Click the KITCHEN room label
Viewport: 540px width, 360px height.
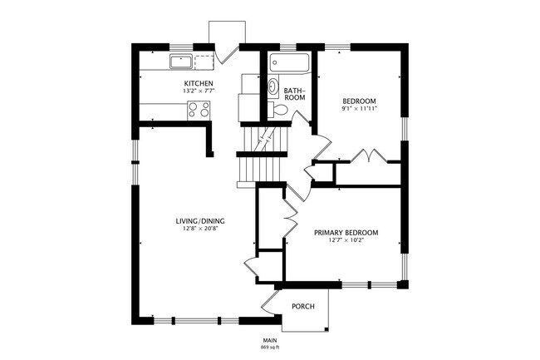(199, 83)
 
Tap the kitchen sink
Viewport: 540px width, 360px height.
(181, 62)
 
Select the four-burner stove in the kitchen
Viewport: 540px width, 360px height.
(199, 111)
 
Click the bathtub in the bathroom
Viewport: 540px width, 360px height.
(289, 62)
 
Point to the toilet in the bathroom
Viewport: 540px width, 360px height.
(278, 110)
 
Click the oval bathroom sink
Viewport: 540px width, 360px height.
(273, 86)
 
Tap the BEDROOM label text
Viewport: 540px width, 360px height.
(359, 101)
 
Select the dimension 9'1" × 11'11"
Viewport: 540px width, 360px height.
(359, 109)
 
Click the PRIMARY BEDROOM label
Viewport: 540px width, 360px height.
(346, 233)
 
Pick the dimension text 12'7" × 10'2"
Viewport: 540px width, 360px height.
(346, 239)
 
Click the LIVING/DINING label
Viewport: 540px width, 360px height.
(200, 221)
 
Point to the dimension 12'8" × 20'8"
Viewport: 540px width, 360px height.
(200, 228)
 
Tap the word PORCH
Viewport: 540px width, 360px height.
(303, 306)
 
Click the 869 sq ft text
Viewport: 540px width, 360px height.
(270, 348)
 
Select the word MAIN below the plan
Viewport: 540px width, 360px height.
(270, 340)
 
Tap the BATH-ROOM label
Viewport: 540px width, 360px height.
(294, 94)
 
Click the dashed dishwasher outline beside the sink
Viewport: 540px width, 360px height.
(204, 62)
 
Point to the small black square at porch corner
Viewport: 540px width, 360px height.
(326, 328)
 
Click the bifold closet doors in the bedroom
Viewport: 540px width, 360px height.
(369, 155)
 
